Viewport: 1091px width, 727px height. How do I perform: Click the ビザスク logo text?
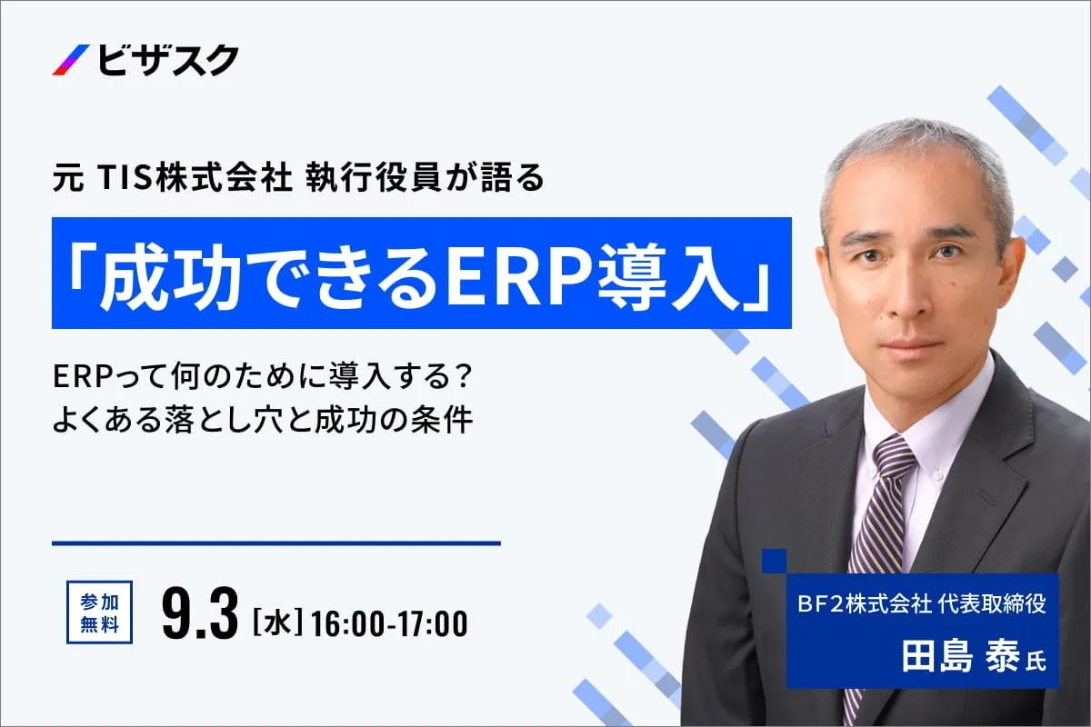click(x=168, y=60)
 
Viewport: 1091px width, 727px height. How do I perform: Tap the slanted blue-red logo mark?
click(x=71, y=60)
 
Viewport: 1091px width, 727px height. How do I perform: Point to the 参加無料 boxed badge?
click(x=99, y=612)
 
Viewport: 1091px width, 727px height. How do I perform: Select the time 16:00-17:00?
click(x=389, y=623)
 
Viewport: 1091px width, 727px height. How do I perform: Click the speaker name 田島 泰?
click(x=960, y=656)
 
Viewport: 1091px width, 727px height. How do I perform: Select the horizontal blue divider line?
click(x=276, y=543)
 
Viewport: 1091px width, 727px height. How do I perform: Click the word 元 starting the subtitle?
click(x=68, y=179)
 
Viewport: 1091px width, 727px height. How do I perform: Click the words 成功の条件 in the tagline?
click(x=393, y=420)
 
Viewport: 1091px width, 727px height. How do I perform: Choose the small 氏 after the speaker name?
click(x=1035, y=662)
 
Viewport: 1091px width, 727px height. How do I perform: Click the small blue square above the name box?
click(x=774, y=561)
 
